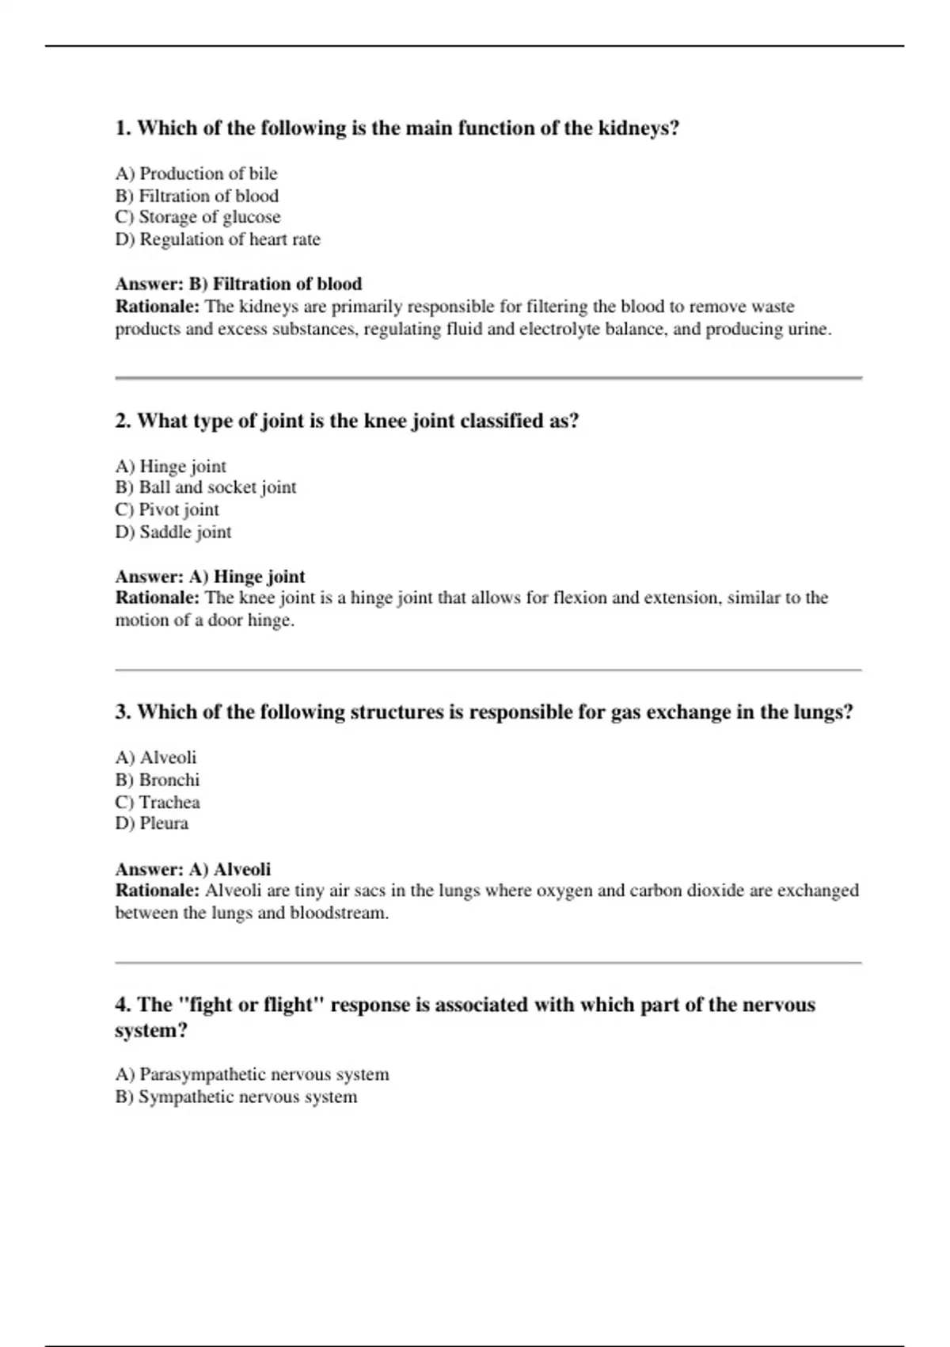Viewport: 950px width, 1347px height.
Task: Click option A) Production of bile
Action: click(x=196, y=174)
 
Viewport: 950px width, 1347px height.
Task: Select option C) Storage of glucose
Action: click(x=198, y=217)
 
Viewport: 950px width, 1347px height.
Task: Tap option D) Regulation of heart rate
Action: click(x=218, y=239)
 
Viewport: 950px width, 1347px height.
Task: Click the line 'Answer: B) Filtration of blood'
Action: click(x=238, y=284)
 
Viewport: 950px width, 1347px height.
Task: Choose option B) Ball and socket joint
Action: click(x=206, y=487)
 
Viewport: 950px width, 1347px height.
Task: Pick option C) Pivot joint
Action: click(x=167, y=509)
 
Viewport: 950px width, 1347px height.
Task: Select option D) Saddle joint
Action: click(x=173, y=532)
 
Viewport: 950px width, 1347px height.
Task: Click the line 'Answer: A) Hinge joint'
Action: click(x=210, y=576)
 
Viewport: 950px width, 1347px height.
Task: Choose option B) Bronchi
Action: click(x=158, y=780)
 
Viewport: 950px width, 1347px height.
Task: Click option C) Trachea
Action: click(x=158, y=802)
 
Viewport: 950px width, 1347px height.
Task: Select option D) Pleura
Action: click(x=152, y=823)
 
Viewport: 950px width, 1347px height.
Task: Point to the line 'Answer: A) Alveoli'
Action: click(x=193, y=868)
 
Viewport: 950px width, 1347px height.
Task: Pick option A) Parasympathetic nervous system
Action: click(x=252, y=1074)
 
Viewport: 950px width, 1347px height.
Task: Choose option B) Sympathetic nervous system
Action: click(x=236, y=1097)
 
